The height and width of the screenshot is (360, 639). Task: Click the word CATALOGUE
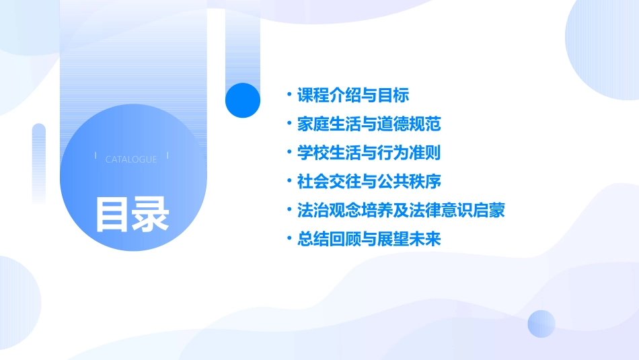[131, 159]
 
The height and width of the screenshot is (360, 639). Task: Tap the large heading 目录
[132, 214]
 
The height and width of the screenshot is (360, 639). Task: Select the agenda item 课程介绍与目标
[353, 95]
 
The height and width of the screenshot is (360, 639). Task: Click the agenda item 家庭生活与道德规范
[369, 124]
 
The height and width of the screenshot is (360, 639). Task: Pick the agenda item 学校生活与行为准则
[369, 153]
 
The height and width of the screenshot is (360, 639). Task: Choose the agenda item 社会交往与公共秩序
[369, 182]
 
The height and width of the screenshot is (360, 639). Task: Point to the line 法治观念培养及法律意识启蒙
[401, 210]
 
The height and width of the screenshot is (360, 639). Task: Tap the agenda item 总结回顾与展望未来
[369, 239]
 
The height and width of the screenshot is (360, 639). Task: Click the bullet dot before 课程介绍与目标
[289, 95]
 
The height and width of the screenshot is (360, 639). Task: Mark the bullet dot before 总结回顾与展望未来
[289, 239]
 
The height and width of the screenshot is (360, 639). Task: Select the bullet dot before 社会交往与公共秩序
[289, 182]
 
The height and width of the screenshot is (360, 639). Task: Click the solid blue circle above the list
[243, 100]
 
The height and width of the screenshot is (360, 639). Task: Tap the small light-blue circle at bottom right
[541, 324]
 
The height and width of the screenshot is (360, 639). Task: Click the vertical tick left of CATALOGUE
[96, 155]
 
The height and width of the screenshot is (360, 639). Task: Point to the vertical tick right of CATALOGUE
[167, 155]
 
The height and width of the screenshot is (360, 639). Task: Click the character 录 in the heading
[151, 214]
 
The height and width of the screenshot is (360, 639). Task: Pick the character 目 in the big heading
[112, 214]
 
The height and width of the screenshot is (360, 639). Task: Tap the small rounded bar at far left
[39, 162]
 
